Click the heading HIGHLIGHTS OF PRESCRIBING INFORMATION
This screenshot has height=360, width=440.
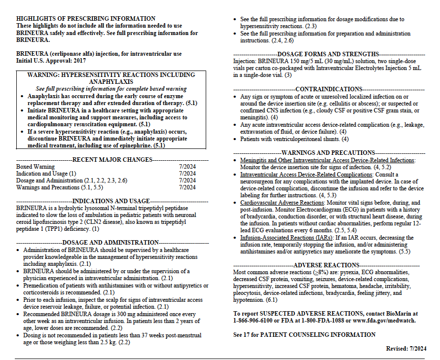[86, 19]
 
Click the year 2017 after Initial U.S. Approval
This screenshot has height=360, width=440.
[78, 60]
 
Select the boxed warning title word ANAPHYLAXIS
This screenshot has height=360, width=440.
[111, 82]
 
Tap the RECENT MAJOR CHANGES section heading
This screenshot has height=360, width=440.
[112, 160]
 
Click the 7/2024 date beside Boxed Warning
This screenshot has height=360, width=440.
[187, 167]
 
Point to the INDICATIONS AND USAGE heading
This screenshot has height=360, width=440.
[111, 201]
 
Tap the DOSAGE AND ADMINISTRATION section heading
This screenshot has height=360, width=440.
[110, 243]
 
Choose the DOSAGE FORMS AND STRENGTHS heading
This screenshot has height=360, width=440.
[329, 54]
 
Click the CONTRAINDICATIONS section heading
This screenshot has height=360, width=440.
[329, 89]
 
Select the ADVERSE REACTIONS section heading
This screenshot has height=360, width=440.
[329, 265]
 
